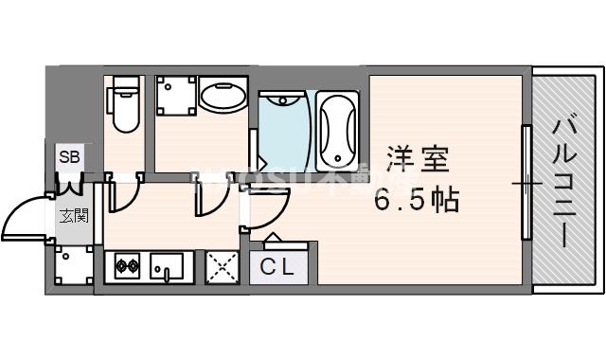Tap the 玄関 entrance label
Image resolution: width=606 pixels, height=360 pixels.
tap(72, 215)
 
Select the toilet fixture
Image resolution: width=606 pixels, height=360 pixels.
tap(123, 106)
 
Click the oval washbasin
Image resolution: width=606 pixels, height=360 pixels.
tap(223, 98)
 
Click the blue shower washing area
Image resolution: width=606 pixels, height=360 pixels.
tap(281, 133)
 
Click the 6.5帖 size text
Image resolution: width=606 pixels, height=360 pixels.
tap(417, 200)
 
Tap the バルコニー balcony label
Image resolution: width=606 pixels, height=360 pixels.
tap(567, 180)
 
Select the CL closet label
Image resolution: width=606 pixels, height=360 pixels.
tap(277, 268)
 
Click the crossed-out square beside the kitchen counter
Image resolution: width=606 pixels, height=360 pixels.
tap(222, 267)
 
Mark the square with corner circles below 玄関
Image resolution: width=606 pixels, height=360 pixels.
tap(73, 267)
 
